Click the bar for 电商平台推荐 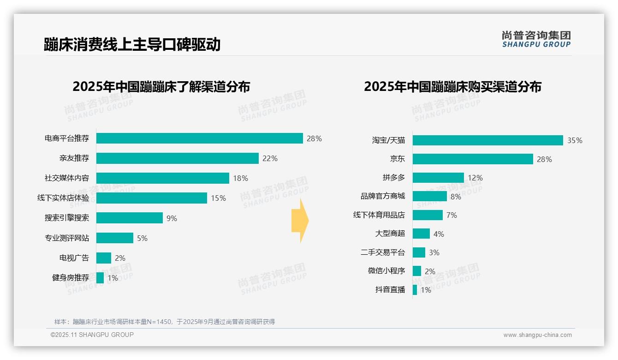pyautogui.click(x=199, y=138)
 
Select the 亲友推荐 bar pyautogui.click(x=177, y=158)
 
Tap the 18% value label pyautogui.click(x=241, y=178)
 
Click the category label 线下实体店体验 pyautogui.click(x=63, y=198)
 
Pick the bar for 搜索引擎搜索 pyautogui.click(x=129, y=218)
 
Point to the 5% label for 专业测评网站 pyautogui.click(x=142, y=238)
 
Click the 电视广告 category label pyautogui.click(x=74, y=258)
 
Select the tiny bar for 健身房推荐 pyautogui.click(x=100, y=278)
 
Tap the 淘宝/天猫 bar pyautogui.click(x=487, y=140)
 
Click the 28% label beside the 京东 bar pyautogui.click(x=544, y=159)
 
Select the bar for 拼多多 pyautogui.click(x=438, y=178)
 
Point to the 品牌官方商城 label pyautogui.click(x=383, y=196)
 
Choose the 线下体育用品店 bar pyautogui.click(x=428, y=215)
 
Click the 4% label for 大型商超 pyautogui.click(x=439, y=234)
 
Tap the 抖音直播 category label pyautogui.click(x=390, y=290)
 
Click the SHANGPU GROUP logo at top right pyautogui.click(x=536, y=39)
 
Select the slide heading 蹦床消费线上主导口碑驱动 pyautogui.click(x=132, y=44)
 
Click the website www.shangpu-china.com pyautogui.click(x=537, y=335)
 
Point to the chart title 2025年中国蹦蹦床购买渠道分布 pyautogui.click(x=452, y=86)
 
